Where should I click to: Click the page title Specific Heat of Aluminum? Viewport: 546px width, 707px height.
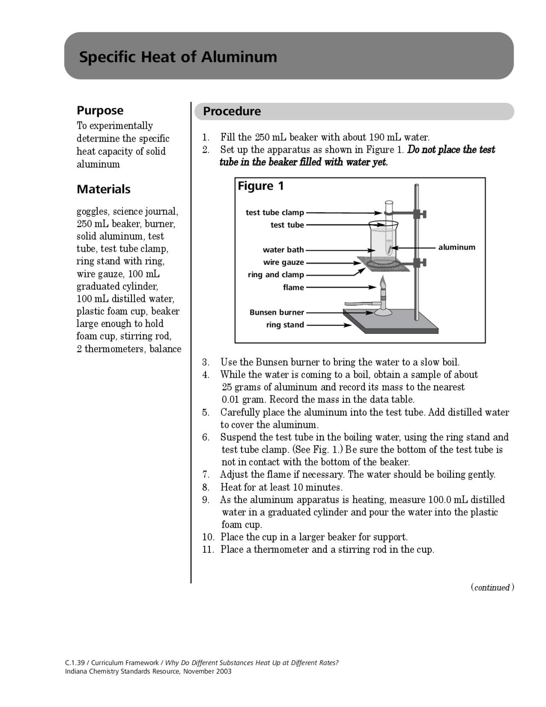[x=178, y=57]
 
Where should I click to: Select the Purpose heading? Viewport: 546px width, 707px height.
[x=100, y=111]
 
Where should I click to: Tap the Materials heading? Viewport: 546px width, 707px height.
[x=104, y=189]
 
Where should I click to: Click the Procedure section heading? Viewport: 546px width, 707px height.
[x=232, y=111]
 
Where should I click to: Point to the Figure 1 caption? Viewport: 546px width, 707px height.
[x=261, y=186]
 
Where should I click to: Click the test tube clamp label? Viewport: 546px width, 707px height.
[x=275, y=213]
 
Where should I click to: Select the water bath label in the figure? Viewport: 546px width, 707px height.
[x=283, y=250]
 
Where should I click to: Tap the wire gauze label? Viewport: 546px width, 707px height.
[x=284, y=262]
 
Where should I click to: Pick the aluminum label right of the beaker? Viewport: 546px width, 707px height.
[x=456, y=247]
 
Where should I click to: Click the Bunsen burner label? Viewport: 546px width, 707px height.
[x=277, y=313]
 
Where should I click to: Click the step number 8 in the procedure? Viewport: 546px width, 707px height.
[x=206, y=488]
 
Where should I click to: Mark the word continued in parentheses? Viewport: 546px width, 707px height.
[x=492, y=587]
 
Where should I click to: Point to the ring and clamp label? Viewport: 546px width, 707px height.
[x=276, y=275]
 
